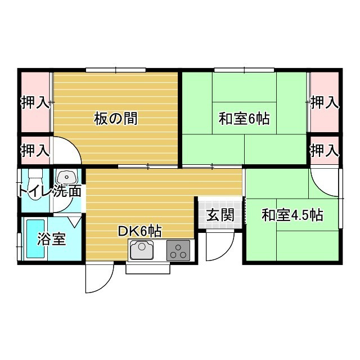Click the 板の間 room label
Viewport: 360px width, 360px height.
[x=116, y=119]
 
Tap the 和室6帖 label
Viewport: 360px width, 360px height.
[x=244, y=119]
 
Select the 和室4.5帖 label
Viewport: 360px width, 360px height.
[x=292, y=215]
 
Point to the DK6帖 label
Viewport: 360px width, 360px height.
[x=140, y=231]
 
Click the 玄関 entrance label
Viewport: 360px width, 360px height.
[x=220, y=215]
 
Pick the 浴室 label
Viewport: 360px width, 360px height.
[x=51, y=238]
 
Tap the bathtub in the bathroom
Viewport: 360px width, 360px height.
[x=35, y=238]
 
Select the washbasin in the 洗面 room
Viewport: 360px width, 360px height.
[x=66, y=177]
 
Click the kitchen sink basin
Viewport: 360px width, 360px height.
[x=142, y=250]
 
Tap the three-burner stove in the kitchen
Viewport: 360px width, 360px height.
[x=178, y=250]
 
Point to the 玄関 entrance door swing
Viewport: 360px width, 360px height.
[x=220, y=246]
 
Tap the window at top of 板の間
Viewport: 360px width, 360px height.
[x=116, y=70]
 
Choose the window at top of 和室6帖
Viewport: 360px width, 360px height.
[x=244, y=70]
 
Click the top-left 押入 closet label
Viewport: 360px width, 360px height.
[x=35, y=102]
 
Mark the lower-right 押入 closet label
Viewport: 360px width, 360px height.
[x=325, y=150]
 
